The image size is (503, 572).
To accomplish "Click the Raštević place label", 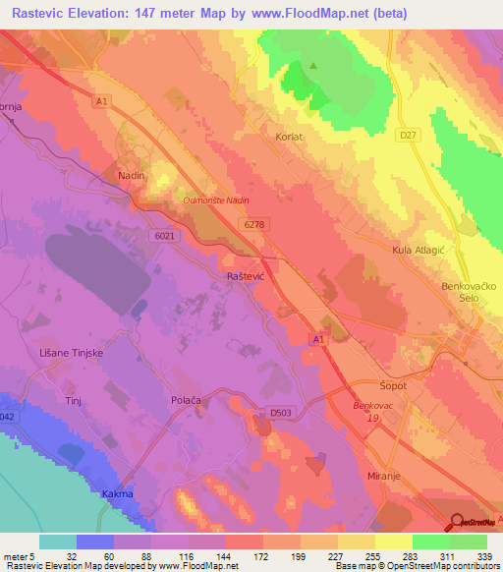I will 246,278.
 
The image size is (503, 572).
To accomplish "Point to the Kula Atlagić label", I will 419,251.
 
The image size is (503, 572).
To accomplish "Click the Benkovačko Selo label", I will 468,292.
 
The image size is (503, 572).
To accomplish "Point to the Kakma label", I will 117,493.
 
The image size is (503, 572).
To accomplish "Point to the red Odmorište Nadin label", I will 216,200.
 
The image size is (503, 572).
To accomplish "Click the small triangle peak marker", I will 313,66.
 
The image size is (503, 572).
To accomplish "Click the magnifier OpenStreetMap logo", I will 458,522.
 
